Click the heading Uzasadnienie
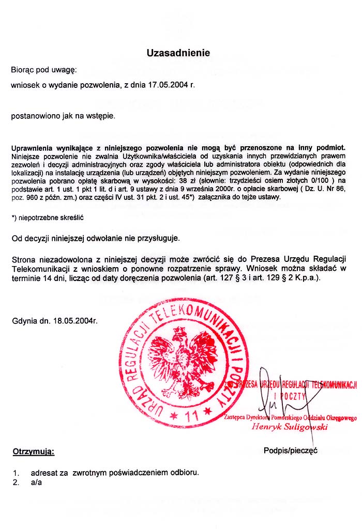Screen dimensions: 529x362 coord(178,53)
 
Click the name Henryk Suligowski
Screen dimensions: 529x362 coord(290,427)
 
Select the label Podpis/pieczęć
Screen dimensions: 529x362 coord(290,450)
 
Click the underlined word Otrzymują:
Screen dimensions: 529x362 coord(33,452)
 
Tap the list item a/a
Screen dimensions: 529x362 coord(36,483)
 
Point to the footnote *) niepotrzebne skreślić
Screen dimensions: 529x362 coord(48,217)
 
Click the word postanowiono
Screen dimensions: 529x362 coord(34,116)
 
